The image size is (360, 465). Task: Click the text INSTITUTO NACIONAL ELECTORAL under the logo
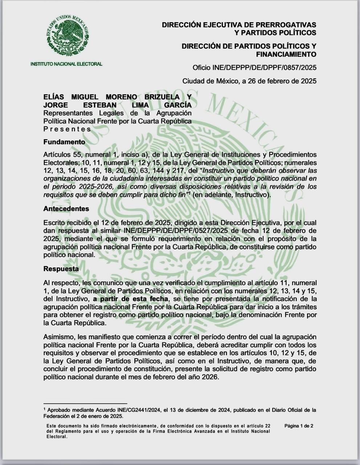point(66,64)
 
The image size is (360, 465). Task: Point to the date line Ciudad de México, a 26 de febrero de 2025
point(249,81)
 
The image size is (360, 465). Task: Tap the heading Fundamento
point(64,142)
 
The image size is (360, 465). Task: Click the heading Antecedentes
point(66,209)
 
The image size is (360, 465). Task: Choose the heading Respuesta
point(61,269)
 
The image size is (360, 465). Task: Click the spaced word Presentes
point(67,129)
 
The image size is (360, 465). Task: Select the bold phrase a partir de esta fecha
point(130,299)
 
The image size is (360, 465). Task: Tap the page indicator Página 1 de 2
point(299,426)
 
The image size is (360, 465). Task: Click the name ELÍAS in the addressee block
point(54,97)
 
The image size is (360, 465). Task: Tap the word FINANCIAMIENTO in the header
point(286,54)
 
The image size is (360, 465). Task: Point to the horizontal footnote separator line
point(85,403)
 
